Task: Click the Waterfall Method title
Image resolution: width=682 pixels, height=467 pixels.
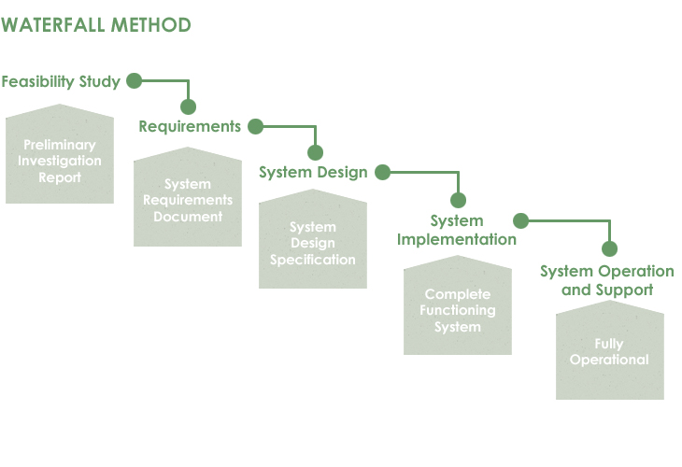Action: (95, 25)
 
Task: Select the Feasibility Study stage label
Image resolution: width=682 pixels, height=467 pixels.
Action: (61, 82)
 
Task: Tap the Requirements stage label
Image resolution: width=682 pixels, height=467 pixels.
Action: (190, 126)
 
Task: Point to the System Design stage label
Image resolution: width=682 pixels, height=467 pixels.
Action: (313, 172)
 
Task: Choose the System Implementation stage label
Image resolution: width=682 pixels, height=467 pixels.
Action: (457, 230)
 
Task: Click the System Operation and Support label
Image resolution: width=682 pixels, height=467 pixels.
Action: (607, 280)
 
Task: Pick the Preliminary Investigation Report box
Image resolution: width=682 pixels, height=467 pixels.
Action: (60, 153)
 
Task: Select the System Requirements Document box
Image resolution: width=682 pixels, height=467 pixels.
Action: (188, 196)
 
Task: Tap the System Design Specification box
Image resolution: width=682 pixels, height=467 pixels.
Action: (313, 239)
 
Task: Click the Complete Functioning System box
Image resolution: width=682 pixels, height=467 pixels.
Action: (458, 305)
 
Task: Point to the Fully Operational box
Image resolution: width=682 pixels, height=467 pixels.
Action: (610, 350)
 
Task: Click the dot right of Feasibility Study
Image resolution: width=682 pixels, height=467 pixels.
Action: (134, 80)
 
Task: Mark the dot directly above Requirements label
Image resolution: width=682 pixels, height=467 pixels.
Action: (189, 106)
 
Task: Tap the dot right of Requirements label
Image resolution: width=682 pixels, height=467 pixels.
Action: (255, 126)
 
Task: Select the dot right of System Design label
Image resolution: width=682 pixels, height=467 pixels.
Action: (382, 172)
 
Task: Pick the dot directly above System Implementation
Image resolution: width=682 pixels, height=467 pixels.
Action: (458, 200)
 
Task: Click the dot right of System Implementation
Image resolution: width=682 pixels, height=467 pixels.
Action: (520, 220)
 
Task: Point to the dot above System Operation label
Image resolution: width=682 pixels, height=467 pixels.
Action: (610, 248)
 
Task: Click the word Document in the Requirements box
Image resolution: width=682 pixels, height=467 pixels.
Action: (188, 217)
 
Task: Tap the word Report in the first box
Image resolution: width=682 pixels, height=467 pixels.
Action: (60, 177)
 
